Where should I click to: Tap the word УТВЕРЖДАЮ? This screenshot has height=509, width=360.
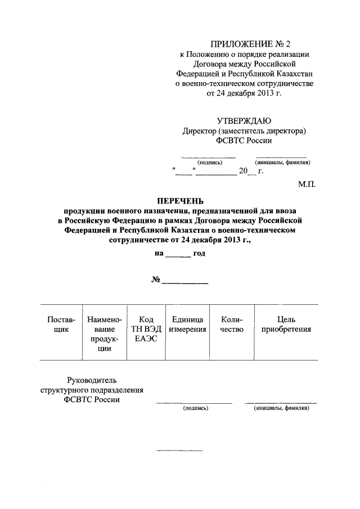coord(244,120)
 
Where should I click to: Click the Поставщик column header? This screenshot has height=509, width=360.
coord(61,325)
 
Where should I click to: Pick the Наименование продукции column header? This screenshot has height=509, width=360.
coord(105,334)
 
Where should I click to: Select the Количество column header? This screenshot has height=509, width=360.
coord(231,325)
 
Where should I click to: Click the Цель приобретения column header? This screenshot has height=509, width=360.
coord(286,325)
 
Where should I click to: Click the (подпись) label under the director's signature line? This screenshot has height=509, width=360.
coord(210,163)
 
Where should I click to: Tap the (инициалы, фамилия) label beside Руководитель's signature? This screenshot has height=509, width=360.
coord(281,408)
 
